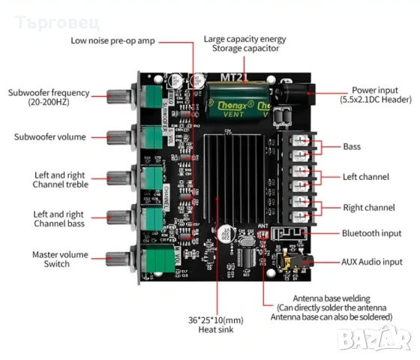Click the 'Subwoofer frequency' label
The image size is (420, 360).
coord(49,97)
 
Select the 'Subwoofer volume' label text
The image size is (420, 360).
coord(50,136)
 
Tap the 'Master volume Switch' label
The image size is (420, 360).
coord(51,259)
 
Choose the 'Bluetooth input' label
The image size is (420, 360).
coord(373,234)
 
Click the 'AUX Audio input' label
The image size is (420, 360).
coord(373,262)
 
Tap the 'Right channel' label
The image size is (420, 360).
coord(368,207)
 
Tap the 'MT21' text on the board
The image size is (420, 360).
coord(232,76)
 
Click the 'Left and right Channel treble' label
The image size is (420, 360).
coord(61,179)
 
